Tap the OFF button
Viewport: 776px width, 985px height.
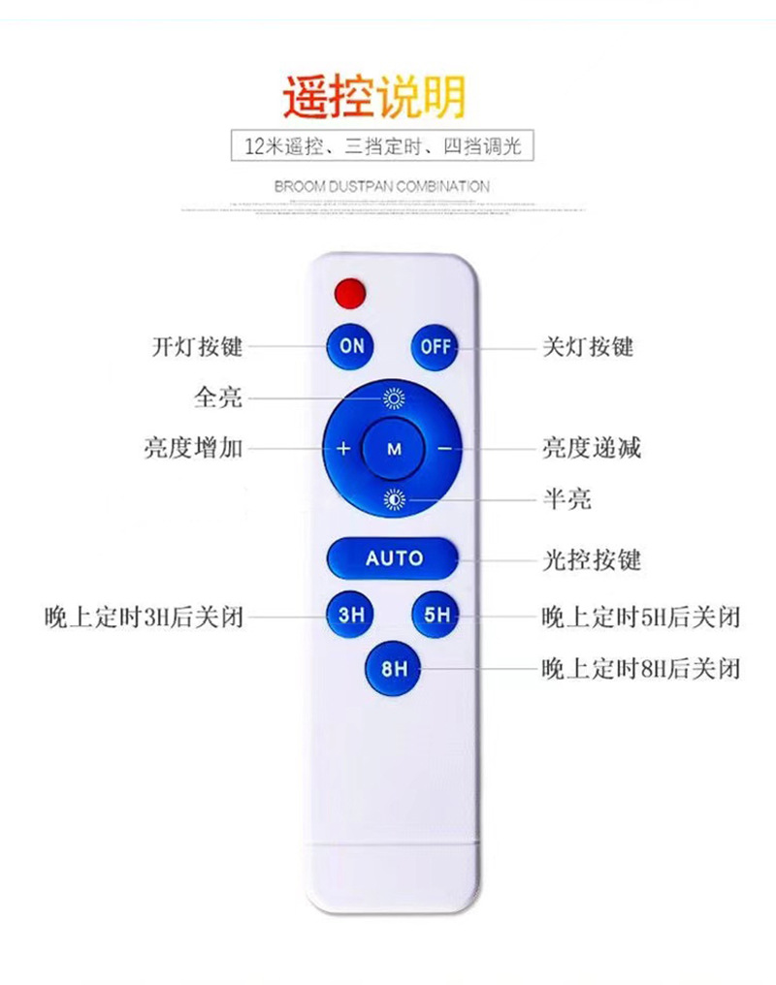tap(436, 346)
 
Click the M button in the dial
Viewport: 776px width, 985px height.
tap(394, 449)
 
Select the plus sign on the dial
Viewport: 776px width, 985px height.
tap(342, 449)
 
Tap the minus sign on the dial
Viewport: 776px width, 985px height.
tap(444, 449)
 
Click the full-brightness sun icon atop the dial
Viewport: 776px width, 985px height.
tap(394, 397)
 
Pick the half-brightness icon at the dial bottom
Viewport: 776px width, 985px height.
tap(394, 500)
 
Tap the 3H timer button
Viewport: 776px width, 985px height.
tap(350, 615)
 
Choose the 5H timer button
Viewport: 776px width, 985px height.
tap(436, 615)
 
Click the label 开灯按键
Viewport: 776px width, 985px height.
tap(197, 346)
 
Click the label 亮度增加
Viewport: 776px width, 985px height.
tap(193, 449)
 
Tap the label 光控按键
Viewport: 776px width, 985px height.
tap(591, 559)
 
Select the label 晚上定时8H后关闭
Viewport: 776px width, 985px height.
tap(641, 668)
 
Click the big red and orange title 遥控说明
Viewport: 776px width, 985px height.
tap(374, 97)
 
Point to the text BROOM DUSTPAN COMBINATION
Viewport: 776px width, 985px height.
tap(382, 185)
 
